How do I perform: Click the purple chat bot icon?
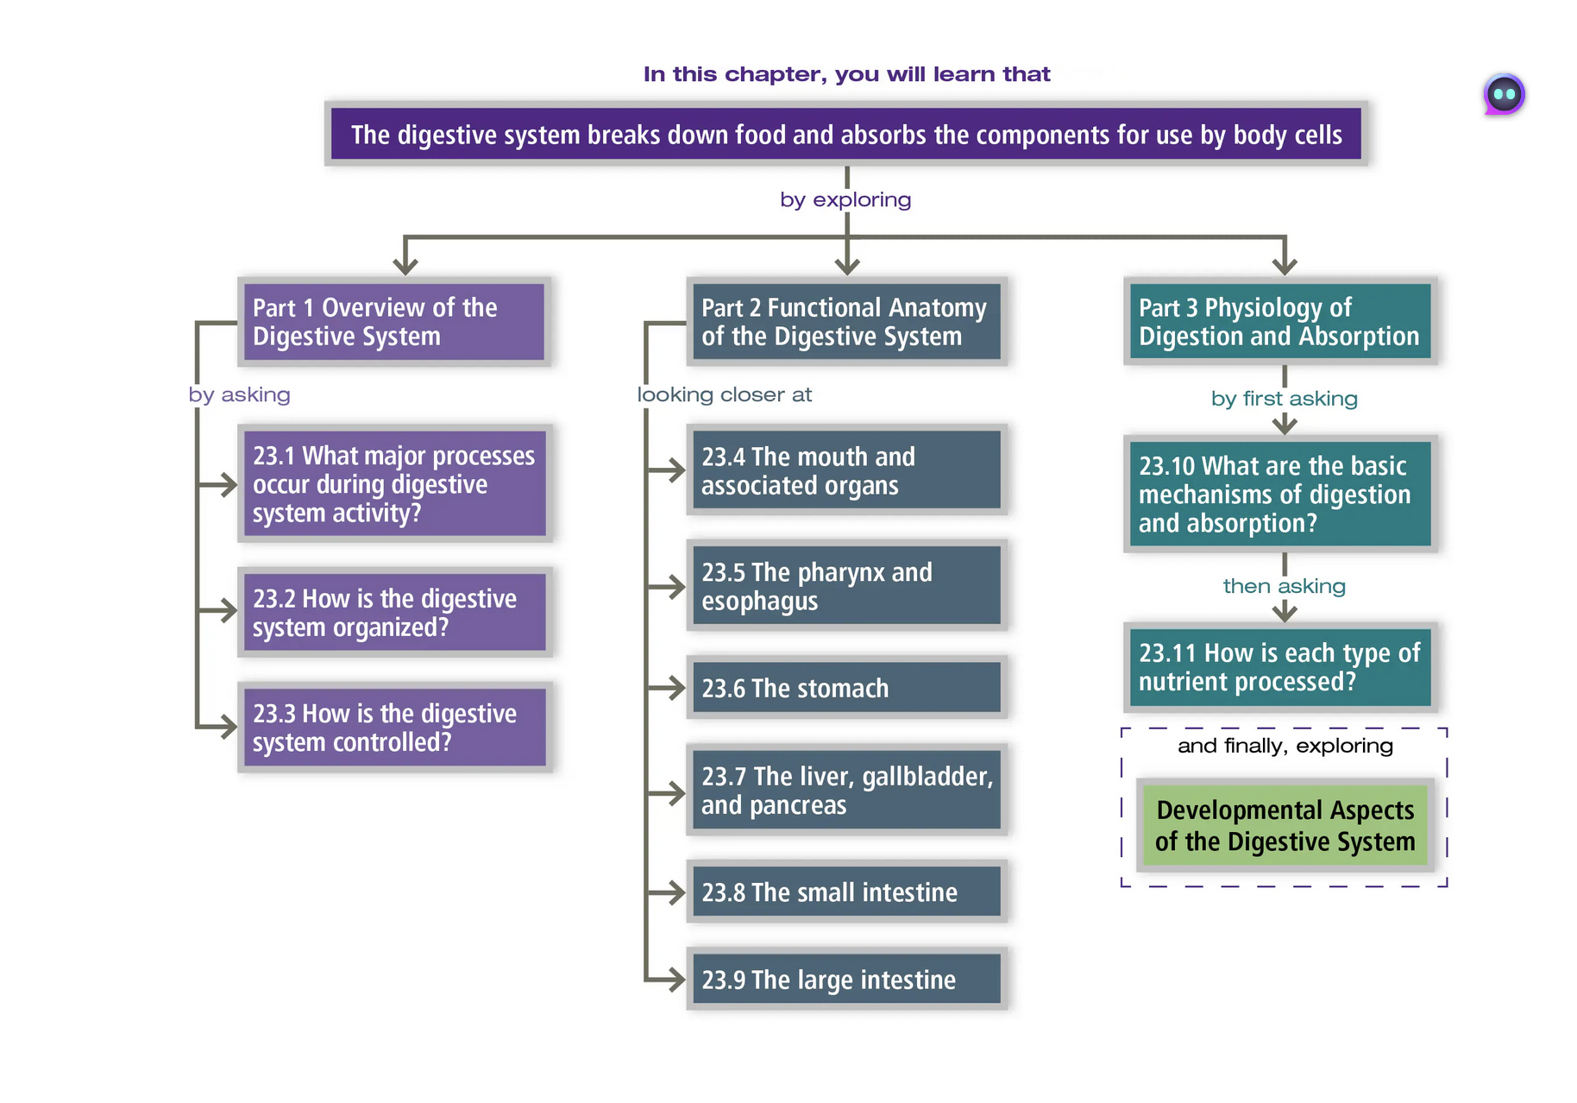pos(1504,94)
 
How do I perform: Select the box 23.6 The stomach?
pos(846,688)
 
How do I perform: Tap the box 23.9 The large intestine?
pos(846,980)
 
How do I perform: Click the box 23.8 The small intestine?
pos(846,892)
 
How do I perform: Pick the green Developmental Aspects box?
pos(1284,825)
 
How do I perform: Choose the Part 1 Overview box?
pos(394,322)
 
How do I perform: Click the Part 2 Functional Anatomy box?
pos(846,322)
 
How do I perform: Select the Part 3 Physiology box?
pos(1280,322)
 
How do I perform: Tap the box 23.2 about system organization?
pos(394,612)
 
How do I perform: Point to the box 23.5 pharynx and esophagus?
pos(846,586)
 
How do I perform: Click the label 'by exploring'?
pos(845,200)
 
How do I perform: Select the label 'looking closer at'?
pos(725,395)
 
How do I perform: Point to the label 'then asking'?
pos(1284,587)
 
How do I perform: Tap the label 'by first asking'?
pos(1284,399)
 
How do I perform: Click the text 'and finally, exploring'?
pos(1285,746)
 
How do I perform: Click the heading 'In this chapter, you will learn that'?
pos(846,74)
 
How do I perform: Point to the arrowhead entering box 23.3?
pos(229,727)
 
